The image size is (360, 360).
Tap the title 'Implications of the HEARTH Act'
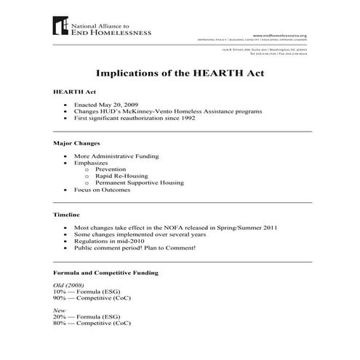coord(180,73)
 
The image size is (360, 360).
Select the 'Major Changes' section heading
coord(77,143)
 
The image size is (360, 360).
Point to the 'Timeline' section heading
coord(67,215)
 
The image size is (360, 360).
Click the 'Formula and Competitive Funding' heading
coord(106,272)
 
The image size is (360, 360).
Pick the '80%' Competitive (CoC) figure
coord(60,326)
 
